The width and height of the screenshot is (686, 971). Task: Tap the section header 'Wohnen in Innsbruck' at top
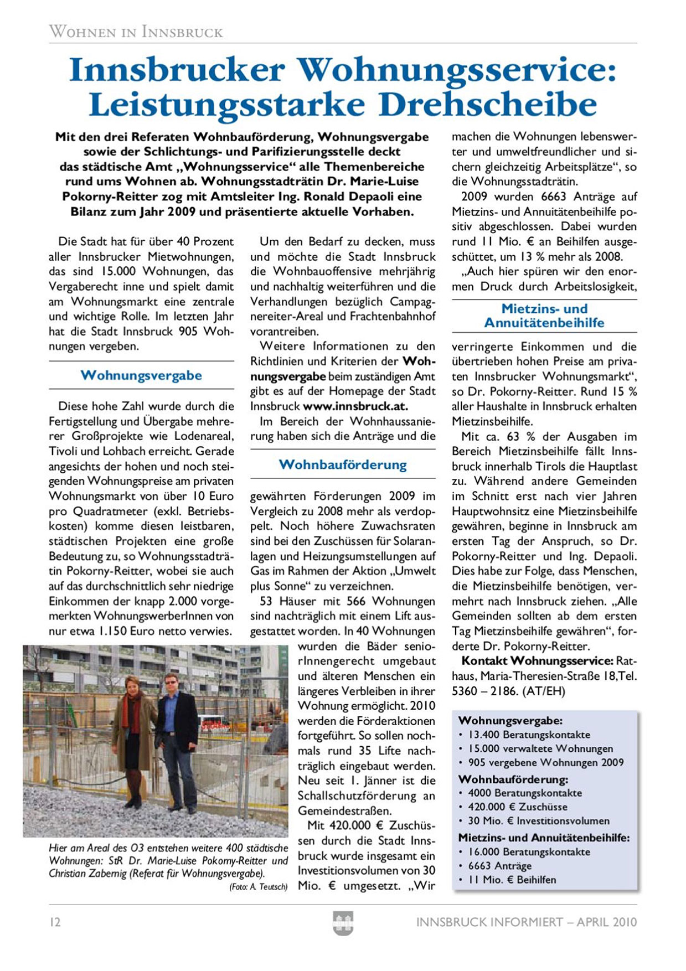[x=136, y=32]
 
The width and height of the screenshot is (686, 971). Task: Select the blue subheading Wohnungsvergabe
[x=141, y=375]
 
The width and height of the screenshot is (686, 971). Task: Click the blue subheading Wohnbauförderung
[x=343, y=464]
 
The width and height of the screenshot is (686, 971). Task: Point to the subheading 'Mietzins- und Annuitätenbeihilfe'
[x=544, y=316]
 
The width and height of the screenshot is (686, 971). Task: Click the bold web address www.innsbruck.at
[x=355, y=406]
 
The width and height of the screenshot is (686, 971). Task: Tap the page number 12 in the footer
[x=55, y=922]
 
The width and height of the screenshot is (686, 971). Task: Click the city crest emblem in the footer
[x=343, y=923]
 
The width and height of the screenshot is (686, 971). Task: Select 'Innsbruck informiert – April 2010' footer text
[x=526, y=922]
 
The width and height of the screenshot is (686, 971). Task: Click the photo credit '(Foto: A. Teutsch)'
[x=258, y=887]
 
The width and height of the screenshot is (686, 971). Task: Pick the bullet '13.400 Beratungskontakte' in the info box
[x=529, y=735]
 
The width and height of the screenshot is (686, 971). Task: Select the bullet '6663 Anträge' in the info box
[x=499, y=866]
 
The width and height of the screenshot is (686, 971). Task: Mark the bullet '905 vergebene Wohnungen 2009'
[x=545, y=762]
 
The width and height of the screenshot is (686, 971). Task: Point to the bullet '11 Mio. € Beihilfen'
[x=512, y=880]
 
